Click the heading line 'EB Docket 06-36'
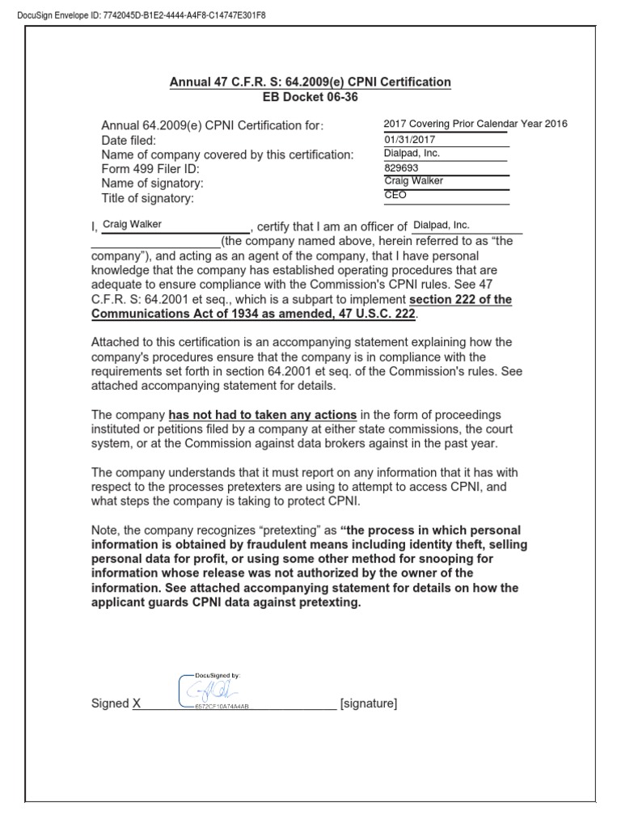[310, 97]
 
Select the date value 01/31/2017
[408, 138]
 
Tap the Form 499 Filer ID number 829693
[402, 167]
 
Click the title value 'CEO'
[395, 196]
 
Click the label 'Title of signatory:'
[148, 198]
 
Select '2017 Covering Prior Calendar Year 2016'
[475, 124]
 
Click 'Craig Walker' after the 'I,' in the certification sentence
[132, 224]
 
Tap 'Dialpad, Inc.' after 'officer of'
[441, 225]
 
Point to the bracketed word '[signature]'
[369, 704]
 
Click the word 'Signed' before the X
[110, 704]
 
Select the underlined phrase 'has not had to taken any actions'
[262, 415]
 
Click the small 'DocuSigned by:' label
[218, 674]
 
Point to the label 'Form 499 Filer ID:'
[150, 169]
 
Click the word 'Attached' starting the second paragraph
[116, 343]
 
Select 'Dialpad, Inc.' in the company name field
[412, 153]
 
